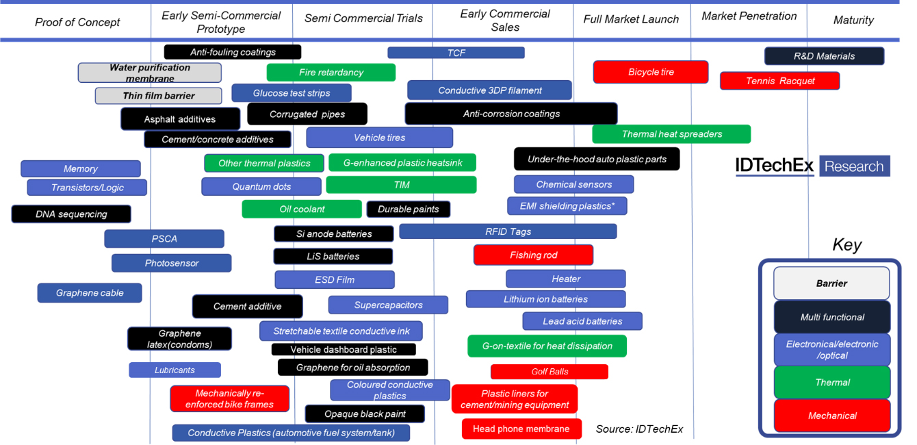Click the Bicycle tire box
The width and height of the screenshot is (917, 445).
(x=651, y=72)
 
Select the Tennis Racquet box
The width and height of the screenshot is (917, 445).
(x=779, y=81)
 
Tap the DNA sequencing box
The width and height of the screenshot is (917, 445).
(x=71, y=214)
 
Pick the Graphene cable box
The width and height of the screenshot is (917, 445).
(x=90, y=293)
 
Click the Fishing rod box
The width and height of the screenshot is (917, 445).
(x=533, y=255)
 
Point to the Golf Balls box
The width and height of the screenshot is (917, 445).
(x=550, y=372)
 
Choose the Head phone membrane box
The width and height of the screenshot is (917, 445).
(x=521, y=429)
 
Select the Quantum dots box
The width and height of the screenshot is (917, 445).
(x=261, y=187)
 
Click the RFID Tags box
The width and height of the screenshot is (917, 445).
(x=508, y=231)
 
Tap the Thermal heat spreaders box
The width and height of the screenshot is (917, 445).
(x=671, y=134)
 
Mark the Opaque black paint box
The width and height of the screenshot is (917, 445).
(x=365, y=414)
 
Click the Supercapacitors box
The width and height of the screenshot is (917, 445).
(x=388, y=305)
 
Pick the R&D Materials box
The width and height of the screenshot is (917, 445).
(x=824, y=56)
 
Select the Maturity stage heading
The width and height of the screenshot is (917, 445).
(x=853, y=21)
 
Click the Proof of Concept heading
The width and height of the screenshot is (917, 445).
(x=77, y=22)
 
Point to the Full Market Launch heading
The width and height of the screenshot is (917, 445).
(x=631, y=19)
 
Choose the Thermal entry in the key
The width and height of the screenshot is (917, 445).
(x=832, y=383)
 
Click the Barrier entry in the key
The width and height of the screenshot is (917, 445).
(x=831, y=283)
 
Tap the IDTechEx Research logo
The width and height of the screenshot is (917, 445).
(x=812, y=166)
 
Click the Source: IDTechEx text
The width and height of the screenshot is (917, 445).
(x=639, y=429)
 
